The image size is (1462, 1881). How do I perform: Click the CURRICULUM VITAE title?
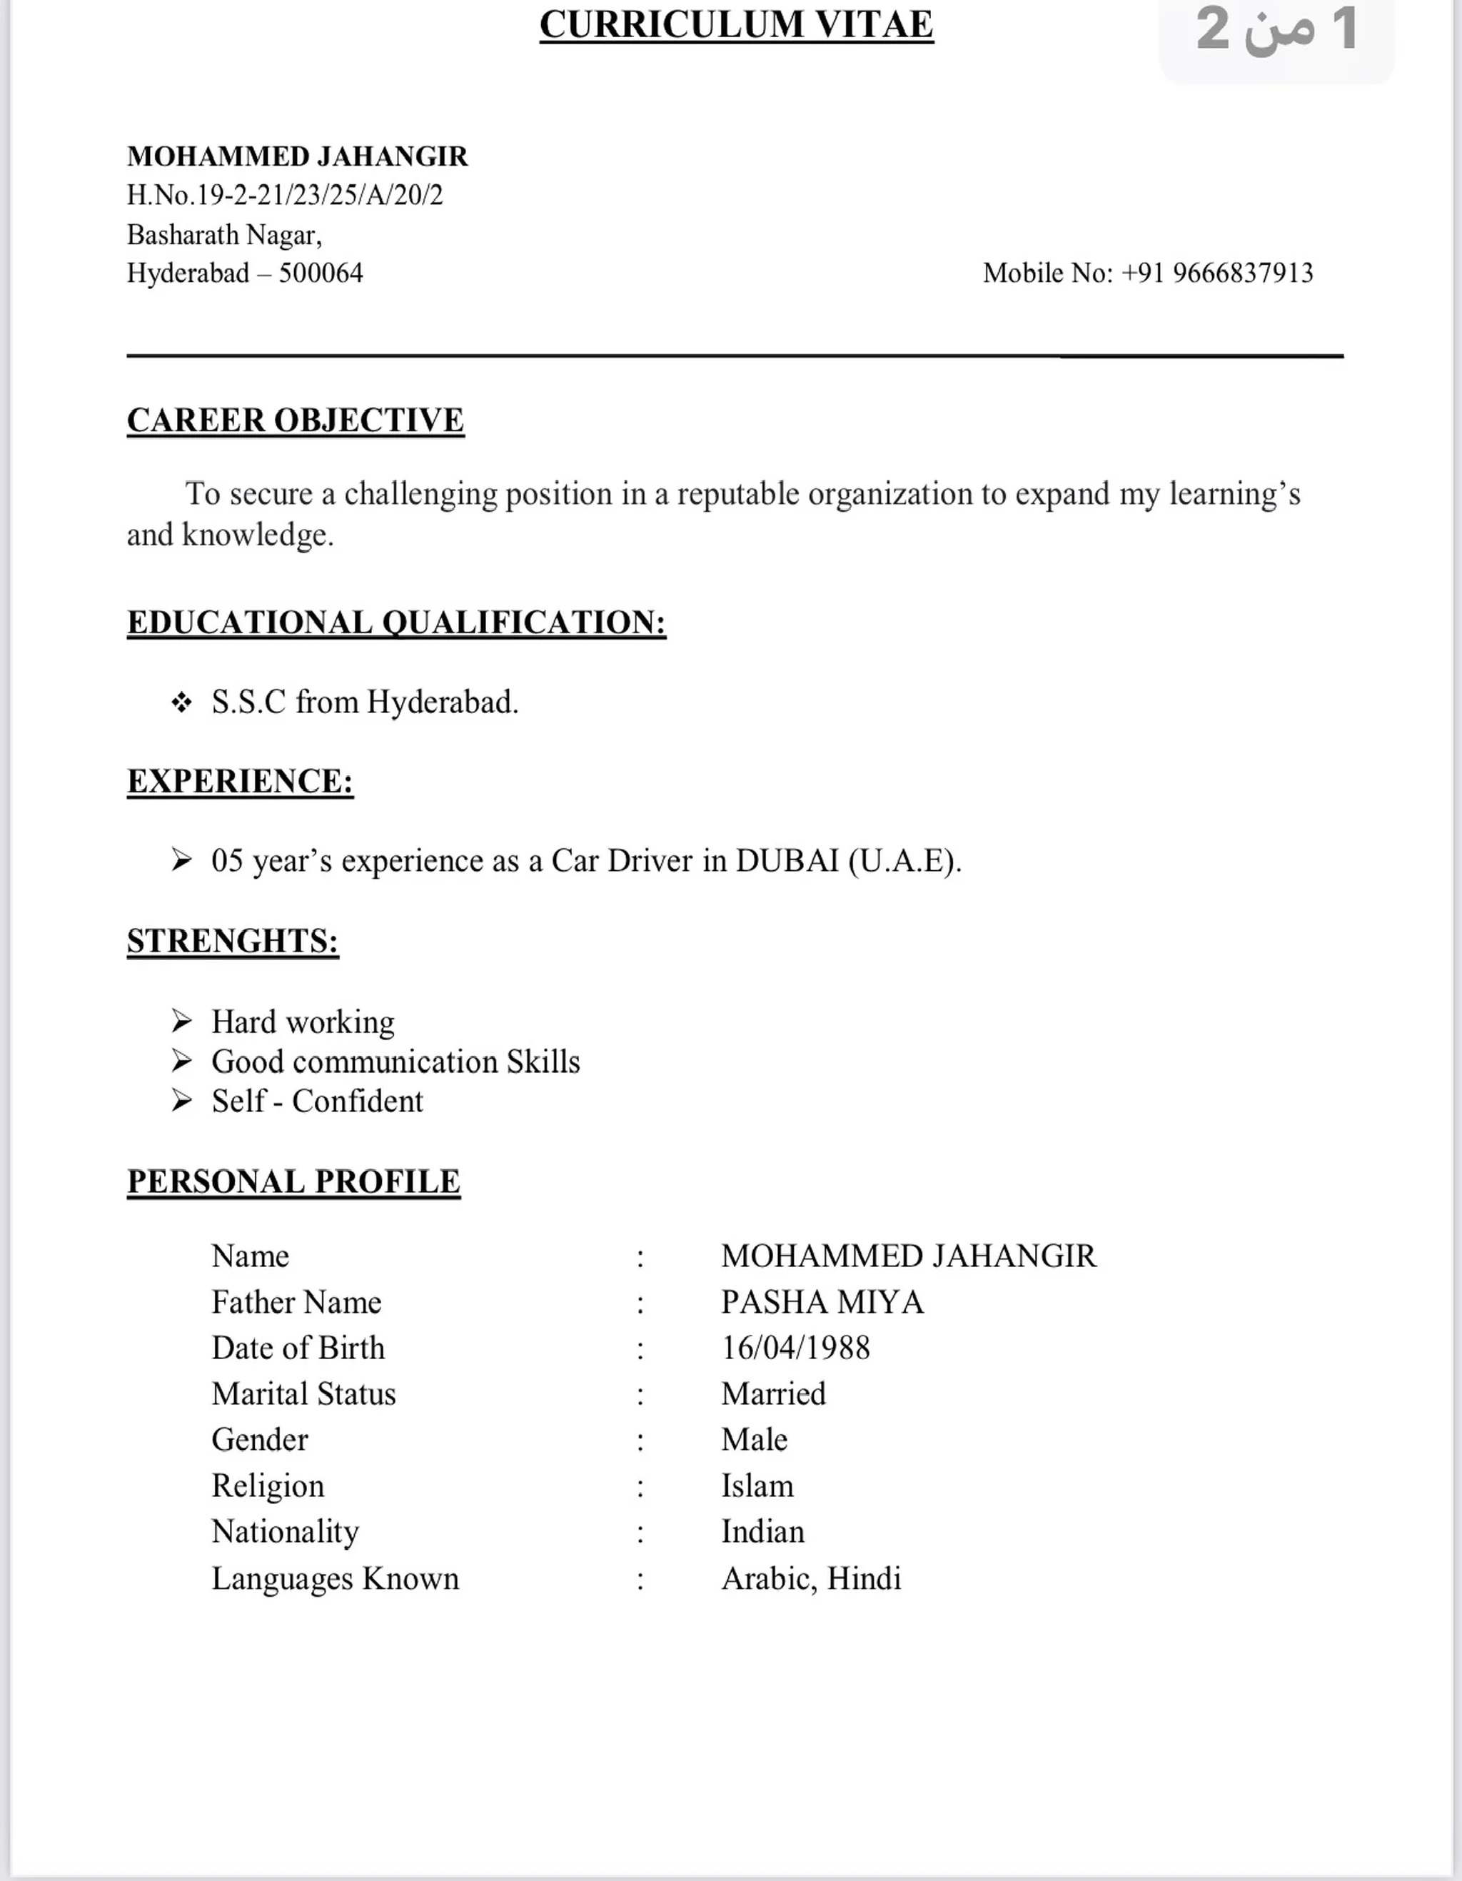click(x=736, y=24)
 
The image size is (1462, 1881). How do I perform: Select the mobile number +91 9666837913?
click(x=1242, y=273)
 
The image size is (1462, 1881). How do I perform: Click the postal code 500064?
click(x=321, y=273)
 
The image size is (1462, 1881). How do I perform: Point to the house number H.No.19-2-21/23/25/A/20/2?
click(x=284, y=195)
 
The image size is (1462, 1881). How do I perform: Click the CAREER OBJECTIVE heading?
click(x=296, y=420)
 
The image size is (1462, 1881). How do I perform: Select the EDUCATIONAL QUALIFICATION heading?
click(x=396, y=622)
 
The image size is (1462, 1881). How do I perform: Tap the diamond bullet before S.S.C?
click(x=181, y=703)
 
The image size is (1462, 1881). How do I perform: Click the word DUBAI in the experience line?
click(x=787, y=860)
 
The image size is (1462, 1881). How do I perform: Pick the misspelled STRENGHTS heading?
click(x=233, y=941)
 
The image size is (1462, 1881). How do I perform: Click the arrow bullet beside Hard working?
click(x=181, y=1022)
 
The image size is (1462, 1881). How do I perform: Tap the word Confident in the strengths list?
click(x=358, y=1101)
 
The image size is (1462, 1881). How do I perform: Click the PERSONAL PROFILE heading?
click(x=294, y=1181)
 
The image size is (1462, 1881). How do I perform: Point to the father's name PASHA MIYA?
click(x=822, y=1302)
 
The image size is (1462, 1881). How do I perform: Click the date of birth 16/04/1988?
click(x=795, y=1348)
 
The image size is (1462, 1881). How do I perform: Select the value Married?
click(x=773, y=1393)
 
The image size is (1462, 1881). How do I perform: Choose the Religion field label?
click(x=268, y=1486)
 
